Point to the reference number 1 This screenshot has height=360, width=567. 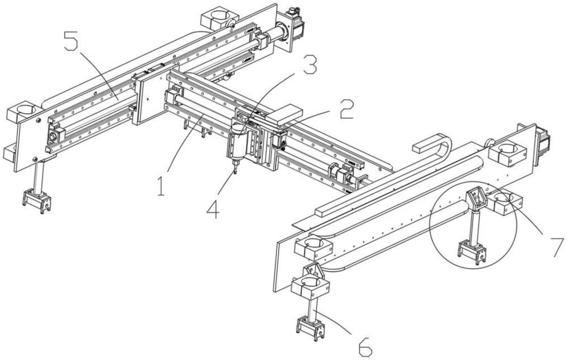[x=162, y=186]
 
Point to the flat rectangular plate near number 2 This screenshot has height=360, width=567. [x=283, y=113]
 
